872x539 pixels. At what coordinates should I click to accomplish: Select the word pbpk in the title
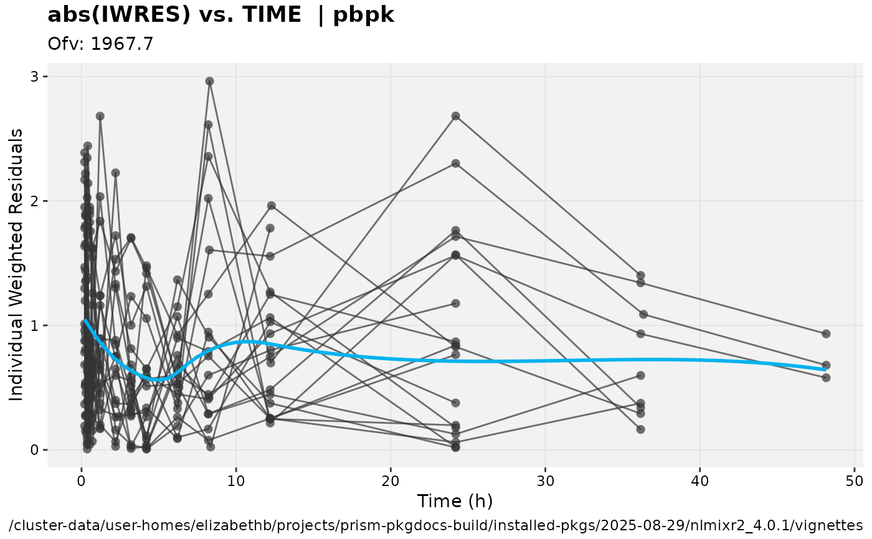[364, 16]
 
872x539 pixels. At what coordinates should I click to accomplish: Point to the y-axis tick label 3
[35, 77]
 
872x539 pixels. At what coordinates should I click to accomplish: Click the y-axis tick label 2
[35, 201]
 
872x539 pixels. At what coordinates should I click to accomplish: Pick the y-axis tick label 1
[35, 325]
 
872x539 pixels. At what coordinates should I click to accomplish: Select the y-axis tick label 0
[35, 450]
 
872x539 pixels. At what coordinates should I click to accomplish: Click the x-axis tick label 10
[236, 481]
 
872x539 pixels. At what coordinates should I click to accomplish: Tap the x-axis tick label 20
[391, 481]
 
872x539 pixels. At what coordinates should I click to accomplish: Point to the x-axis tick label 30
[545, 481]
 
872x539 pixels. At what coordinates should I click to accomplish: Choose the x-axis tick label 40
[699, 481]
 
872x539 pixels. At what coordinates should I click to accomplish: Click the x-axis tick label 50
[854, 481]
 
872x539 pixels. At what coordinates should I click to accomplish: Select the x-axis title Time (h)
[455, 501]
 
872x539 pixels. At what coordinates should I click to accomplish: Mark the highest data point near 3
[210, 81]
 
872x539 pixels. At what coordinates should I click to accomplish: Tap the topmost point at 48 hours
[826, 334]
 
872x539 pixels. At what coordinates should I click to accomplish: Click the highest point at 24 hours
[455, 116]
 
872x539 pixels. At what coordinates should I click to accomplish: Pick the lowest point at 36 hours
[640, 429]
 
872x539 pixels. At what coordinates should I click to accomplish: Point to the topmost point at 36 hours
[640, 275]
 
